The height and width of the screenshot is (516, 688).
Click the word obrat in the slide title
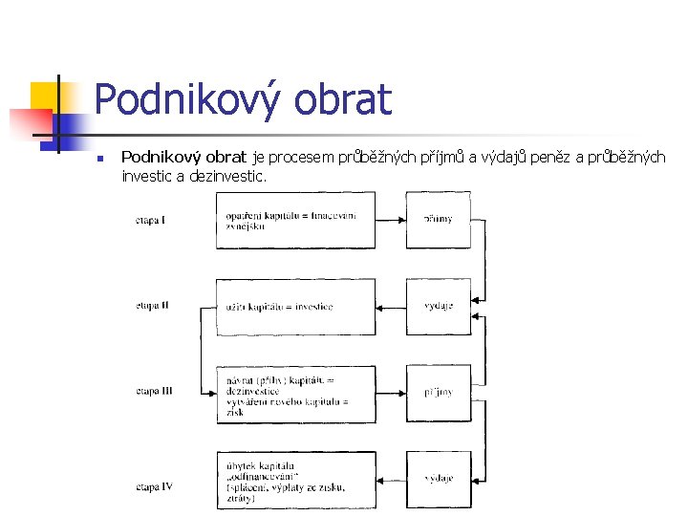(345, 99)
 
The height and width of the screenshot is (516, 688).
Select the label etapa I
(150, 221)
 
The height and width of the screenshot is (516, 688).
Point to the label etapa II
(152, 306)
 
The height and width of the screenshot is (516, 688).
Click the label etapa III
(153, 391)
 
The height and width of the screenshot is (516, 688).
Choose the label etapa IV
(153, 487)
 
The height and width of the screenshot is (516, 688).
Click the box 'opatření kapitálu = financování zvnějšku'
(295, 220)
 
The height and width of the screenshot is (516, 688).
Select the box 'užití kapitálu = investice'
(295, 307)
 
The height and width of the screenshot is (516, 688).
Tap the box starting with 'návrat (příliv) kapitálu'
(295, 392)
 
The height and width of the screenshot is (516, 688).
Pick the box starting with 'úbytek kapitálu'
(295, 479)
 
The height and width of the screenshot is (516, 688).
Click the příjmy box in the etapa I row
(439, 220)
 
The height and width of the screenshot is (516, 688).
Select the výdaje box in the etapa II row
(439, 307)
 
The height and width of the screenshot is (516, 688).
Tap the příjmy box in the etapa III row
(439, 392)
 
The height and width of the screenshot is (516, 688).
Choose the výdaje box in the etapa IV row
(439, 479)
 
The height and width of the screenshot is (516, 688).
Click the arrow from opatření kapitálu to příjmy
(391, 220)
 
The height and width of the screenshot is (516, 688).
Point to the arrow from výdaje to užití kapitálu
(391, 307)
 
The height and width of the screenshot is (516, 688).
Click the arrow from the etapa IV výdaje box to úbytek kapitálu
(391, 479)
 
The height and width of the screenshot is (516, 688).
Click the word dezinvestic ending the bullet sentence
(228, 176)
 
